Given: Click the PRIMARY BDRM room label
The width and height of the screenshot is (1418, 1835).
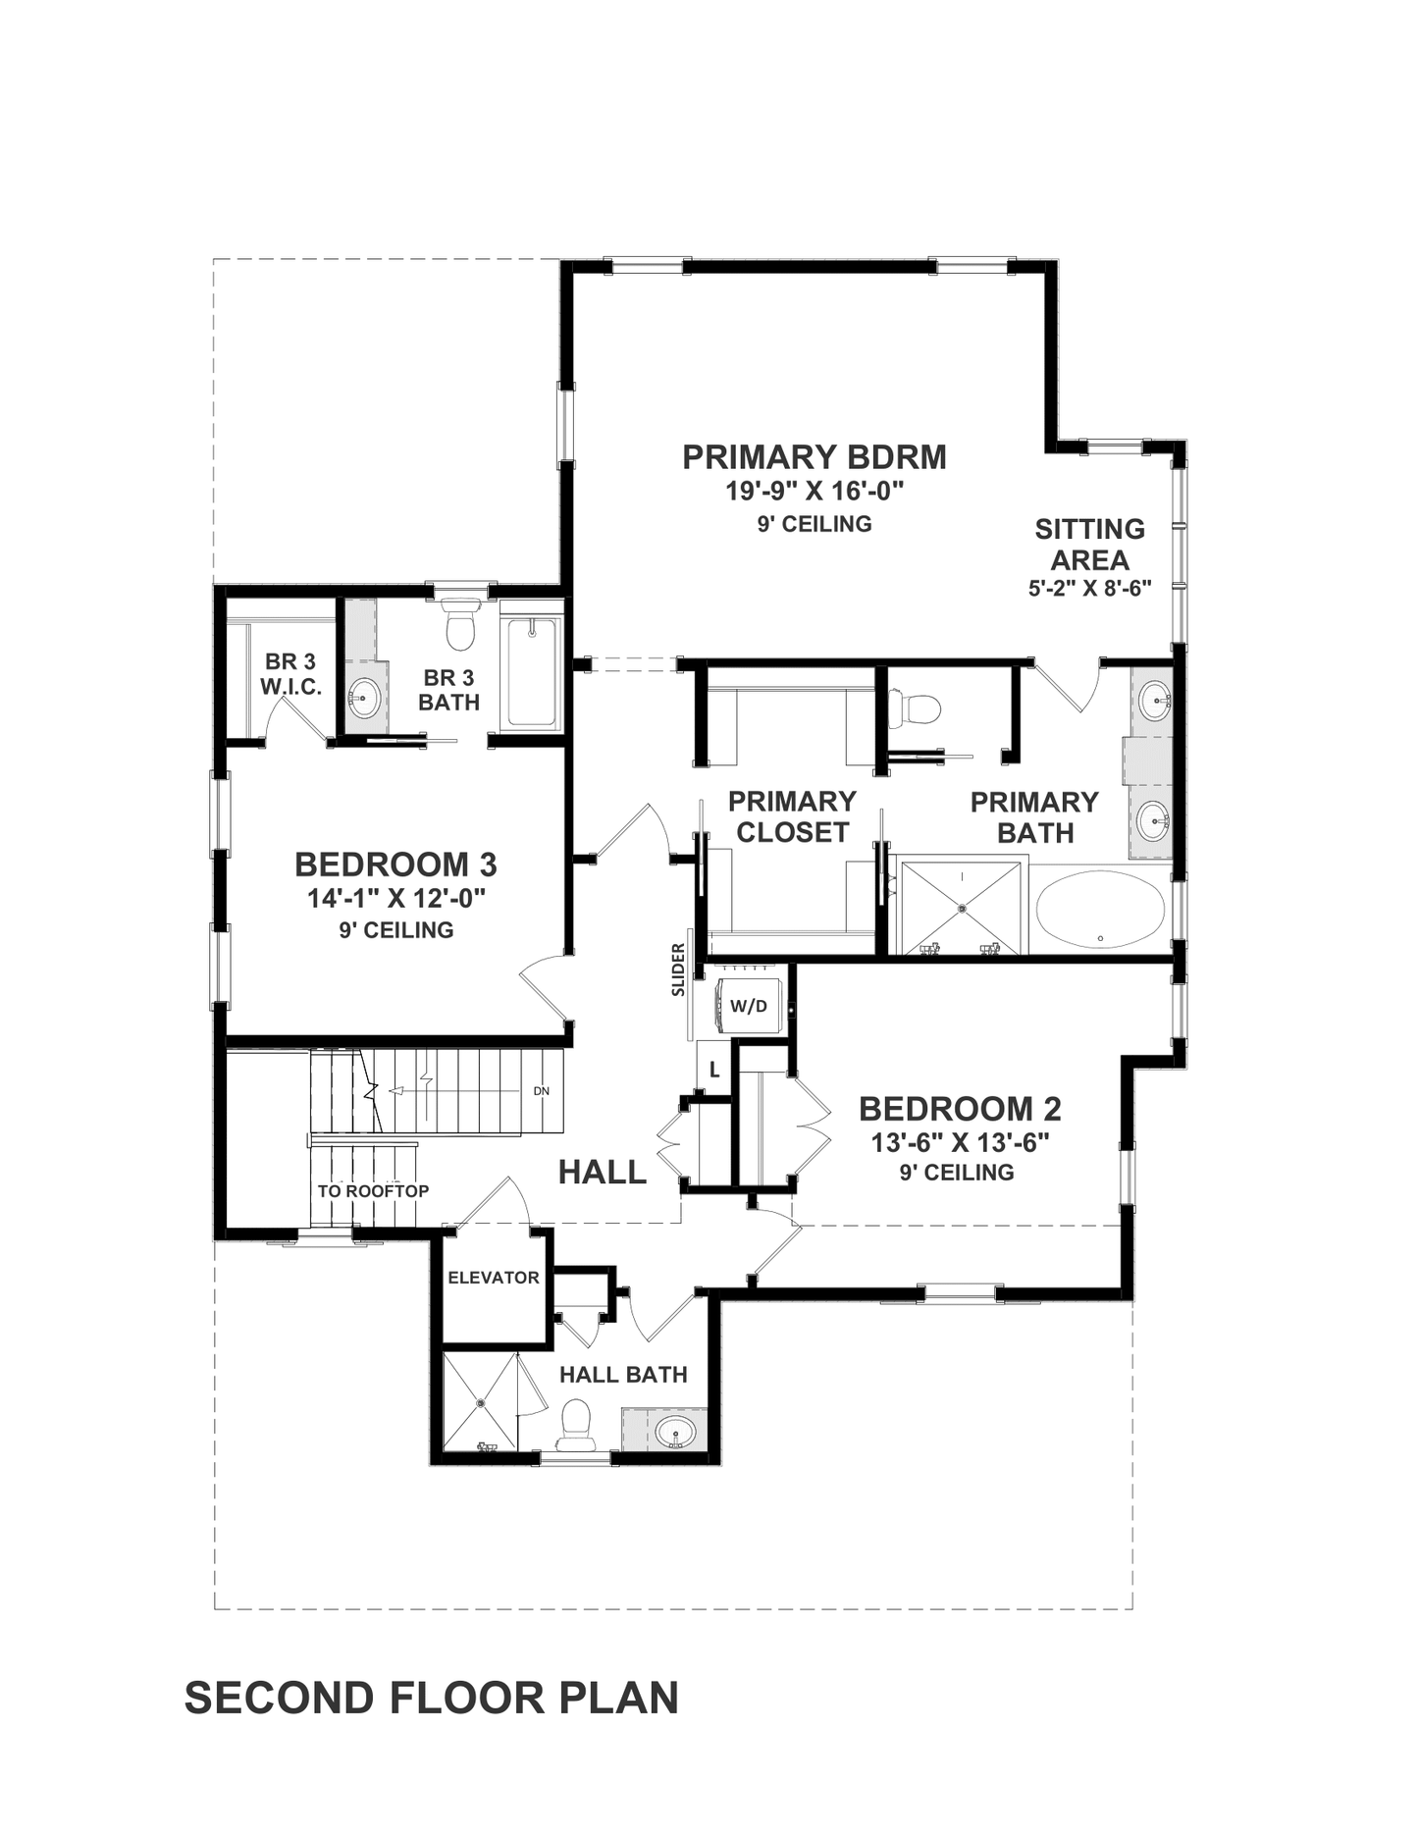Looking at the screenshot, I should (x=814, y=458).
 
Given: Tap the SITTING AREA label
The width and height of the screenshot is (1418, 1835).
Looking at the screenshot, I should (x=1089, y=545).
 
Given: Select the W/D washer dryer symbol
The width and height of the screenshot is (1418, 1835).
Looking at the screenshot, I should (x=749, y=1005).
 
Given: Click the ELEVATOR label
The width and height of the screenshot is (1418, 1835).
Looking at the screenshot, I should (x=493, y=1278).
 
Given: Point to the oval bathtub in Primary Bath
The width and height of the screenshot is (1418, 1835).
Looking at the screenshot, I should (x=1100, y=909).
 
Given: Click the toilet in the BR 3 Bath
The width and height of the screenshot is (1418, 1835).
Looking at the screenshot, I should (x=460, y=625).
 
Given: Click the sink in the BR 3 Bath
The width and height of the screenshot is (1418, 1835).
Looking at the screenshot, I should (x=363, y=698).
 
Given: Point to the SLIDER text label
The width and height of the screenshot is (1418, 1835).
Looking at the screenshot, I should (x=678, y=970).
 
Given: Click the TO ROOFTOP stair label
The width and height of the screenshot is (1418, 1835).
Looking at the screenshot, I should (x=373, y=1191).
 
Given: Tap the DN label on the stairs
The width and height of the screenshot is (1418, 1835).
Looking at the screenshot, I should (x=542, y=1091).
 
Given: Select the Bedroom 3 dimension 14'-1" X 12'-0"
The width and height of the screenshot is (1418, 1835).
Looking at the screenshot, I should (x=396, y=898).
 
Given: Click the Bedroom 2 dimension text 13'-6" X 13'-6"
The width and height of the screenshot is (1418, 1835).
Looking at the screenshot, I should (x=960, y=1142).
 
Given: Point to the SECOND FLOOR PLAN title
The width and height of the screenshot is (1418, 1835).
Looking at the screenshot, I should (x=432, y=1699).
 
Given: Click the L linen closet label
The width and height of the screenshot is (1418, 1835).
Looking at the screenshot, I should (x=714, y=1071).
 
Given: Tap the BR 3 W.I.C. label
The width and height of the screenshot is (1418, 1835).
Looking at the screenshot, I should (x=290, y=674).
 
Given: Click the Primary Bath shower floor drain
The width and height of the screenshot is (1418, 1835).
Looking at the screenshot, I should (x=963, y=908).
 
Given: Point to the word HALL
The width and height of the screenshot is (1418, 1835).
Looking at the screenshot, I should (x=603, y=1172).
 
